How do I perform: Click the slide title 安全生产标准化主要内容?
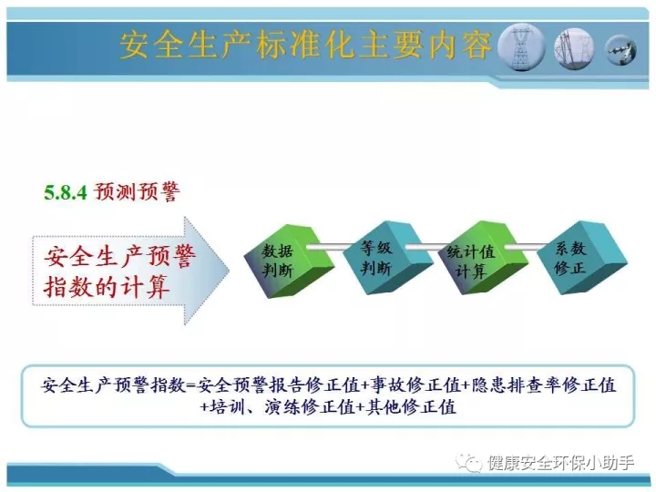306,46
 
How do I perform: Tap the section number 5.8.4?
66,193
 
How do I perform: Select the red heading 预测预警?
137,192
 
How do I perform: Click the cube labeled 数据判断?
289,261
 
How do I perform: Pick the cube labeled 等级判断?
387,258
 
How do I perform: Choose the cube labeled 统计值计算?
482,258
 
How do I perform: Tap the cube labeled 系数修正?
582,258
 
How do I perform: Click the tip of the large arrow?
229,270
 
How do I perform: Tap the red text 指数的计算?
107,286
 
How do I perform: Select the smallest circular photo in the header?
620,50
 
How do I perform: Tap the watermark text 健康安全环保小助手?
560,463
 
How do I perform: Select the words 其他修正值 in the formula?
411,406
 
